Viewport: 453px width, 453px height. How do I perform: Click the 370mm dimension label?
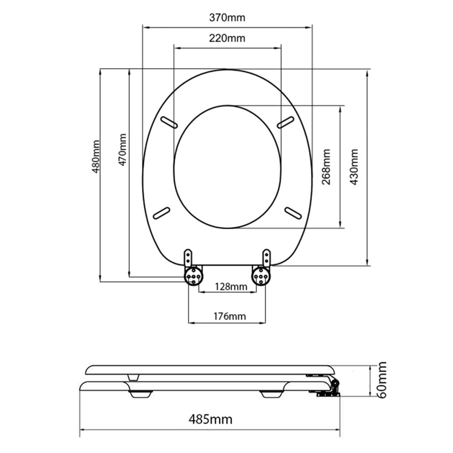[x=227, y=18]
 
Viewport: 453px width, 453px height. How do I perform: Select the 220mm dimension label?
[x=227, y=38]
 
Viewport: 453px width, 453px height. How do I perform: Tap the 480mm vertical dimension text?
[x=96, y=157]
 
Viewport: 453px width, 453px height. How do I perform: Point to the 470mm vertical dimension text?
[x=123, y=150]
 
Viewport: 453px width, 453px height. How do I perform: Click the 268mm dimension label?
[x=326, y=167]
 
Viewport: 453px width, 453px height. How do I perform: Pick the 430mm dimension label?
[x=354, y=167]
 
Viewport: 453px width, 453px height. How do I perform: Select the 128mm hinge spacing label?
[x=231, y=287]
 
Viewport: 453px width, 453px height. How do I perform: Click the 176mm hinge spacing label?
[x=230, y=316]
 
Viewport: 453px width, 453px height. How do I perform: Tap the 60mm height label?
[x=382, y=380]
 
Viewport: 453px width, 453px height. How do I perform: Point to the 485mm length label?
[x=210, y=419]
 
